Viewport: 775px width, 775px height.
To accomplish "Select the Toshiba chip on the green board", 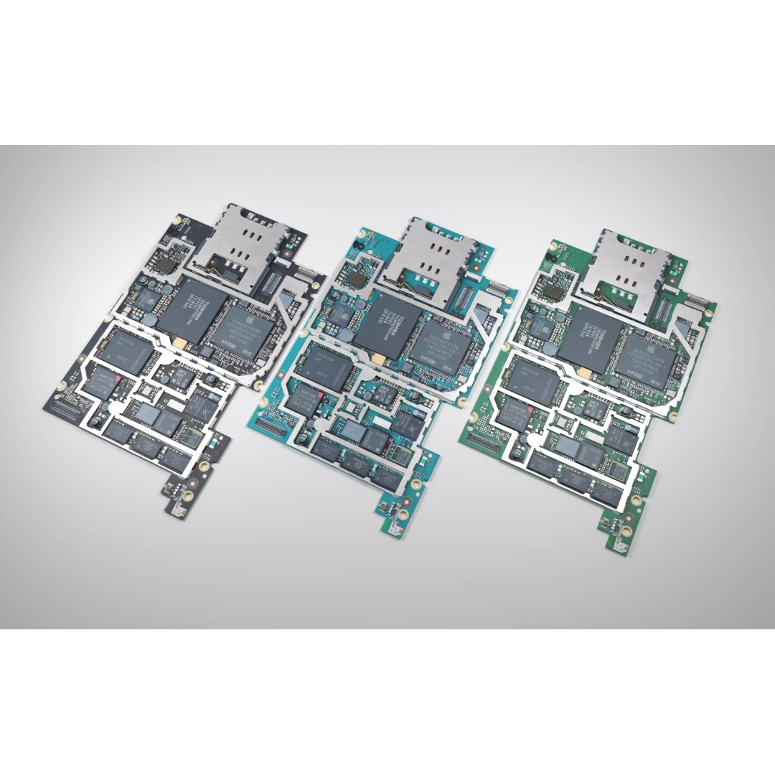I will [591, 340].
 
